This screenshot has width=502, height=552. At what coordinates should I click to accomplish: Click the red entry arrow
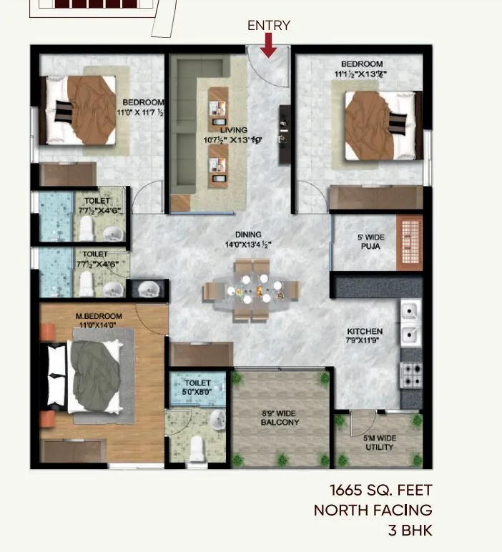269,46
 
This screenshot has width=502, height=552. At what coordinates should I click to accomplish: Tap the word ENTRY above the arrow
269,25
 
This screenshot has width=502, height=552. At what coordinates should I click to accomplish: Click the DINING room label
248,234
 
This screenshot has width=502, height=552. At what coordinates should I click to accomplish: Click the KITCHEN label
365,332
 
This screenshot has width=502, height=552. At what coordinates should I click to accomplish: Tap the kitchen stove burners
412,375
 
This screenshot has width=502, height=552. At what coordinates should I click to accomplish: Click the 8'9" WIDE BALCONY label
280,418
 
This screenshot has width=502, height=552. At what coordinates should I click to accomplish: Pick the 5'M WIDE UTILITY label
380,442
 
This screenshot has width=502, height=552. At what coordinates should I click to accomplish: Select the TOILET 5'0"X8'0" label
197,388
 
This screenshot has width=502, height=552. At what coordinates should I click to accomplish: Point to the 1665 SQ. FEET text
380,491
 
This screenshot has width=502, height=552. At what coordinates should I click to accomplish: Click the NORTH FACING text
373,510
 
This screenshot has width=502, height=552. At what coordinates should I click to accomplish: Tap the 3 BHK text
410,530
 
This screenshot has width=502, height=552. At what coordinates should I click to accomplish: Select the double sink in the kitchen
410,322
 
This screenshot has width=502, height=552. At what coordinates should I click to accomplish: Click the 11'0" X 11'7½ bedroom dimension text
141,112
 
